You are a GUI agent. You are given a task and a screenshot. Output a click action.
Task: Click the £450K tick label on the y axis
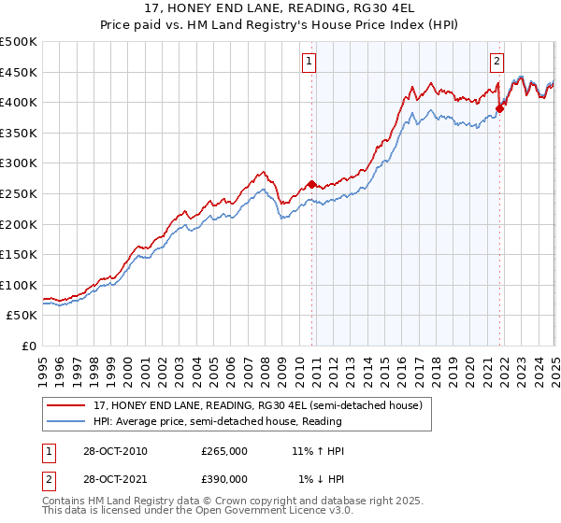pyautogui.click(x=19, y=72)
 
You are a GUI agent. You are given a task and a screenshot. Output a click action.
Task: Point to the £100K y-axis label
pyautogui.click(x=19, y=285)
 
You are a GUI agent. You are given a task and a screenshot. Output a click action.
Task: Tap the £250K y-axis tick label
pyautogui.click(x=19, y=193)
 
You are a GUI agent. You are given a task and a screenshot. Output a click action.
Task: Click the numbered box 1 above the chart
pyautogui.click(x=309, y=63)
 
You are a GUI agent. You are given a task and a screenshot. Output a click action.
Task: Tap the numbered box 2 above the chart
pyautogui.click(x=496, y=63)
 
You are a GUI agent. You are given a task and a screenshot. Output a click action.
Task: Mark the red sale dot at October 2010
pyautogui.click(x=312, y=184)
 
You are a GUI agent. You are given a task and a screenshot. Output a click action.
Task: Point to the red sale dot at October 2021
pyautogui.click(x=499, y=107)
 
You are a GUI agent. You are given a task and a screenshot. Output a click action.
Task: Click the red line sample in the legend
pyautogui.click(x=65, y=405)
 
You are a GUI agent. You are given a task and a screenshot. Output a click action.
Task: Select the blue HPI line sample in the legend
pyautogui.click(x=65, y=421)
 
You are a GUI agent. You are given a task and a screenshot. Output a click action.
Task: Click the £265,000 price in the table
pyautogui.click(x=224, y=451)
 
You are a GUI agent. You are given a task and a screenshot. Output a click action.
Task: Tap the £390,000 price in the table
pyautogui.click(x=224, y=478)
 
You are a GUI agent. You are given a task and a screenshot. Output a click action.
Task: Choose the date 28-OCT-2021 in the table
pyautogui.click(x=108, y=478)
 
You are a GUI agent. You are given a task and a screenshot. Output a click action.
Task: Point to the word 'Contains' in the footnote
pyautogui.click(x=65, y=502)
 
